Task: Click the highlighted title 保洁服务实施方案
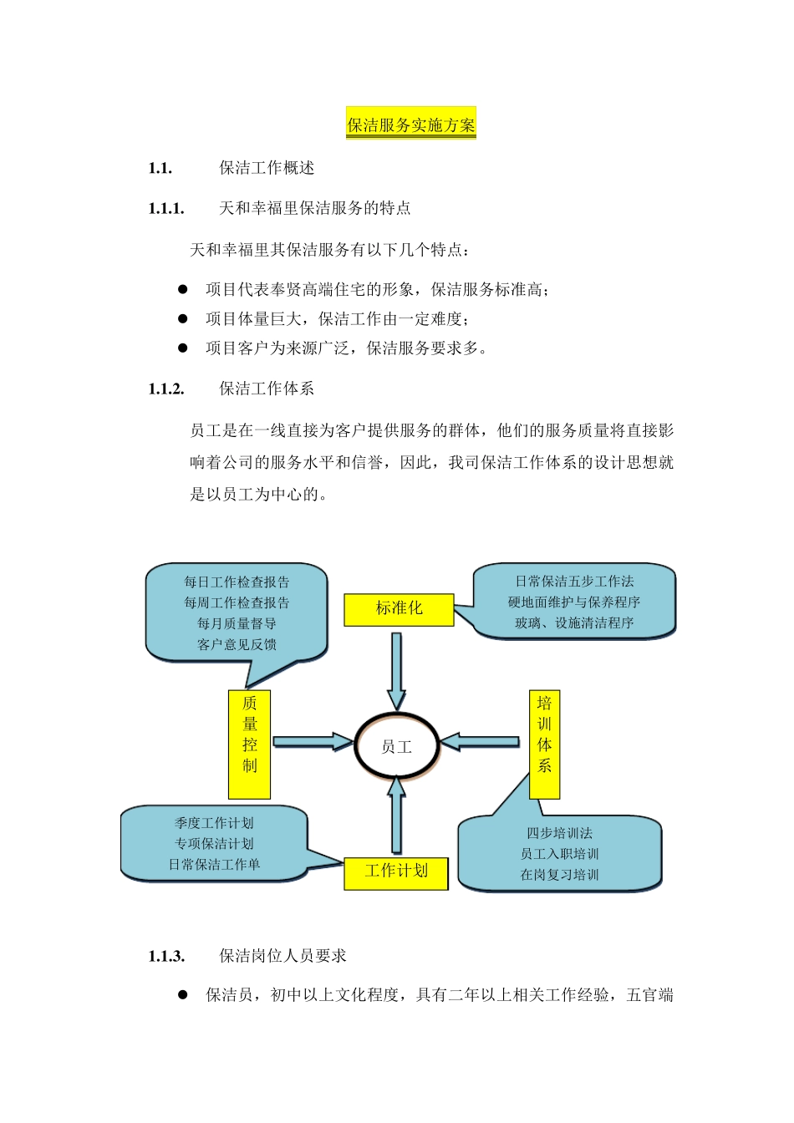coord(410,125)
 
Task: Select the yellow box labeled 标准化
coord(399,609)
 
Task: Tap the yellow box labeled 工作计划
coord(396,871)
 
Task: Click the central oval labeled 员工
coord(396,746)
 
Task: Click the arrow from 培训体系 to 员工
coord(480,741)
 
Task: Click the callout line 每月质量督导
coord(237,623)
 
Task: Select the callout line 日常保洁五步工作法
coord(574,581)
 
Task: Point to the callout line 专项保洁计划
coord(214,844)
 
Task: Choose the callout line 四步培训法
coord(559,833)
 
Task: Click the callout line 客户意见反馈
coord(237,644)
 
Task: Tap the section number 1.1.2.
coord(166,389)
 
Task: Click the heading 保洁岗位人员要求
coord(282,956)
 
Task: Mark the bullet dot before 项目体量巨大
coord(182,318)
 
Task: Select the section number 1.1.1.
coord(166,208)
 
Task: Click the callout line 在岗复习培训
coord(559,875)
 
